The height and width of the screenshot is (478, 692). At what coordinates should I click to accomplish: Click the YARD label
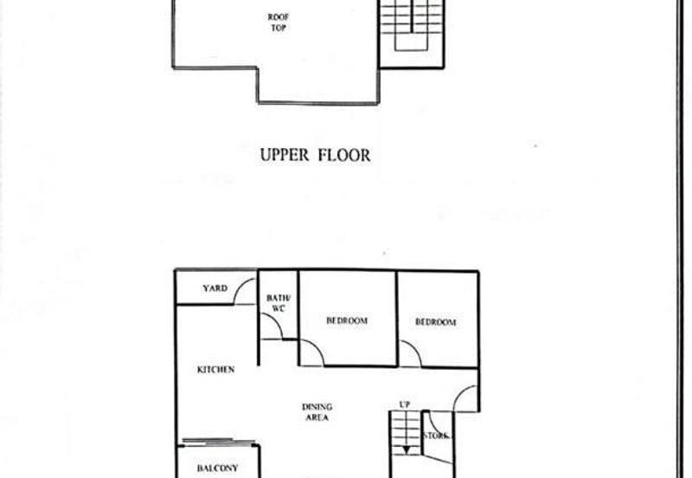click(215, 288)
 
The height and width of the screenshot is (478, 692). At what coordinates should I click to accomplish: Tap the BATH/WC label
click(279, 302)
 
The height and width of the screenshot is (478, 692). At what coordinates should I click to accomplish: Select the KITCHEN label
click(215, 370)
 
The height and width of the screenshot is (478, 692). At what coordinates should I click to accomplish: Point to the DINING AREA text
click(317, 411)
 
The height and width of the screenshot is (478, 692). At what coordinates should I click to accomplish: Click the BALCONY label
click(217, 468)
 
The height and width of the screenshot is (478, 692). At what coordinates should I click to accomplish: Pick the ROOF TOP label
click(277, 23)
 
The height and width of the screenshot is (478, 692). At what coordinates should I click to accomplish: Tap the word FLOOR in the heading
click(345, 156)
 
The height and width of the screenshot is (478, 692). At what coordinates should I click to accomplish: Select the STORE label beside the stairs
click(435, 436)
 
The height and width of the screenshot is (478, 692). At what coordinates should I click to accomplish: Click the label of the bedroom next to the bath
click(347, 321)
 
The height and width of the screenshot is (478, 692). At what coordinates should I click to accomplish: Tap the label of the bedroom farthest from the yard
click(435, 322)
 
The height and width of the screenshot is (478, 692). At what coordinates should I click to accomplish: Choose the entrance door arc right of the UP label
click(465, 397)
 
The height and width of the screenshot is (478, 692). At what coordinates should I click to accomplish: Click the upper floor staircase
click(412, 26)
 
